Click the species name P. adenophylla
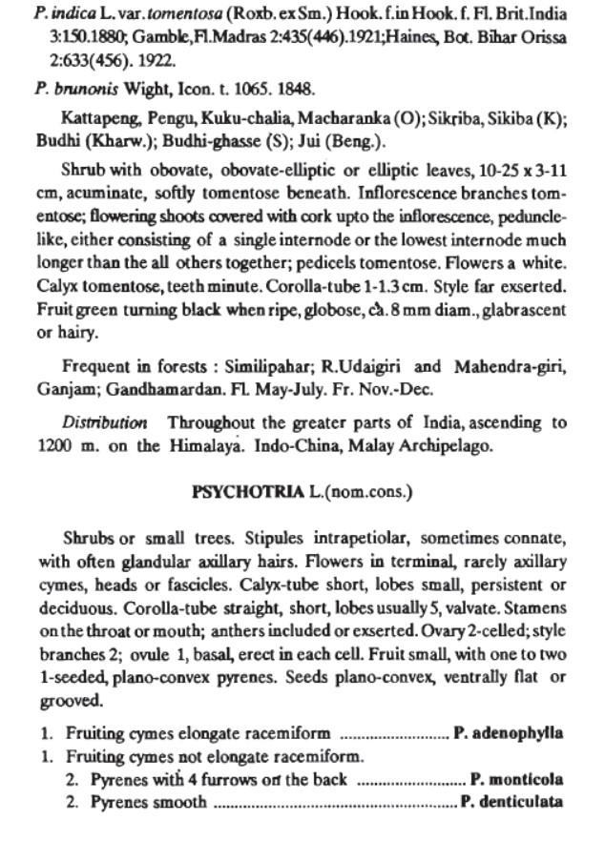coord(509,733)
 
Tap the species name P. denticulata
coord(512,802)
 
